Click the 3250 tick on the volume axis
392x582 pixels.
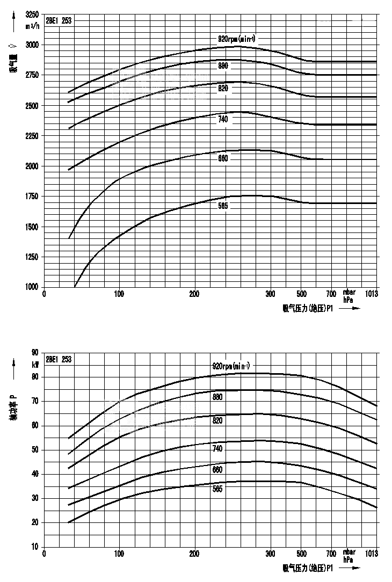(x=32, y=14)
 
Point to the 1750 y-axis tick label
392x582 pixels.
(x=32, y=197)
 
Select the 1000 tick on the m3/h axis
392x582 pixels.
(x=32, y=287)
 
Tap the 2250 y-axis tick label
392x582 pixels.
(x=32, y=136)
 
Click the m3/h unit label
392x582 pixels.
(x=33, y=25)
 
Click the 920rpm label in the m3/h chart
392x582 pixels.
(x=236, y=39)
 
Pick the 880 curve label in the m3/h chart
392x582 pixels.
(x=223, y=66)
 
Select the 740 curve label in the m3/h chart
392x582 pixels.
(x=223, y=119)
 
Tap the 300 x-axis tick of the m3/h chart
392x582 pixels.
(x=270, y=294)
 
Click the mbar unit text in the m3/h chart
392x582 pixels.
(x=349, y=293)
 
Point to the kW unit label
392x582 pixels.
(x=35, y=365)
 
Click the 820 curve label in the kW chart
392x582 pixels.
(x=217, y=421)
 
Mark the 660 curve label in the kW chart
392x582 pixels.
(x=217, y=469)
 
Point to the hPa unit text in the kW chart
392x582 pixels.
(x=349, y=559)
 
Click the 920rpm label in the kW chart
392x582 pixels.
(x=231, y=366)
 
